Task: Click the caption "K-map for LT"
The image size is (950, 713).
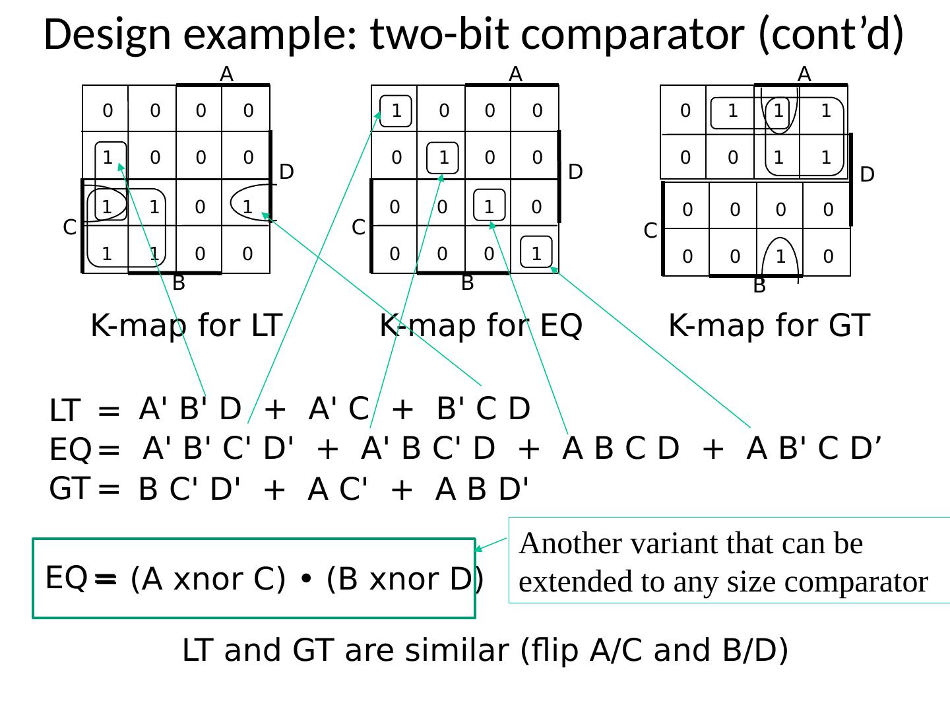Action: click(187, 325)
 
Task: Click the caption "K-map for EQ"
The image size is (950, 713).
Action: click(481, 325)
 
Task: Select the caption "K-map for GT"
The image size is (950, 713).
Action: click(769, 325)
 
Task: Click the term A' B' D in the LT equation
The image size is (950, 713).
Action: click(191, 409)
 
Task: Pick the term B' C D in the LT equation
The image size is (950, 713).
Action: click(484, 409)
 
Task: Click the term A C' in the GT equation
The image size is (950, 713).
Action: click(337, 490)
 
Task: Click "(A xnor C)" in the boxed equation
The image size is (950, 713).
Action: click(208, 579)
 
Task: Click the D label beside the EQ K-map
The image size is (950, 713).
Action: click(575, 172)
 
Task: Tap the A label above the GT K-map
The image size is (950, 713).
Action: click(804, 74)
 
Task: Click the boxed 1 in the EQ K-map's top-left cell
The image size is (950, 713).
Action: click(396, 111)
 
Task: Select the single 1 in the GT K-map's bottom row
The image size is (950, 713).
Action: click(781, 256)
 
